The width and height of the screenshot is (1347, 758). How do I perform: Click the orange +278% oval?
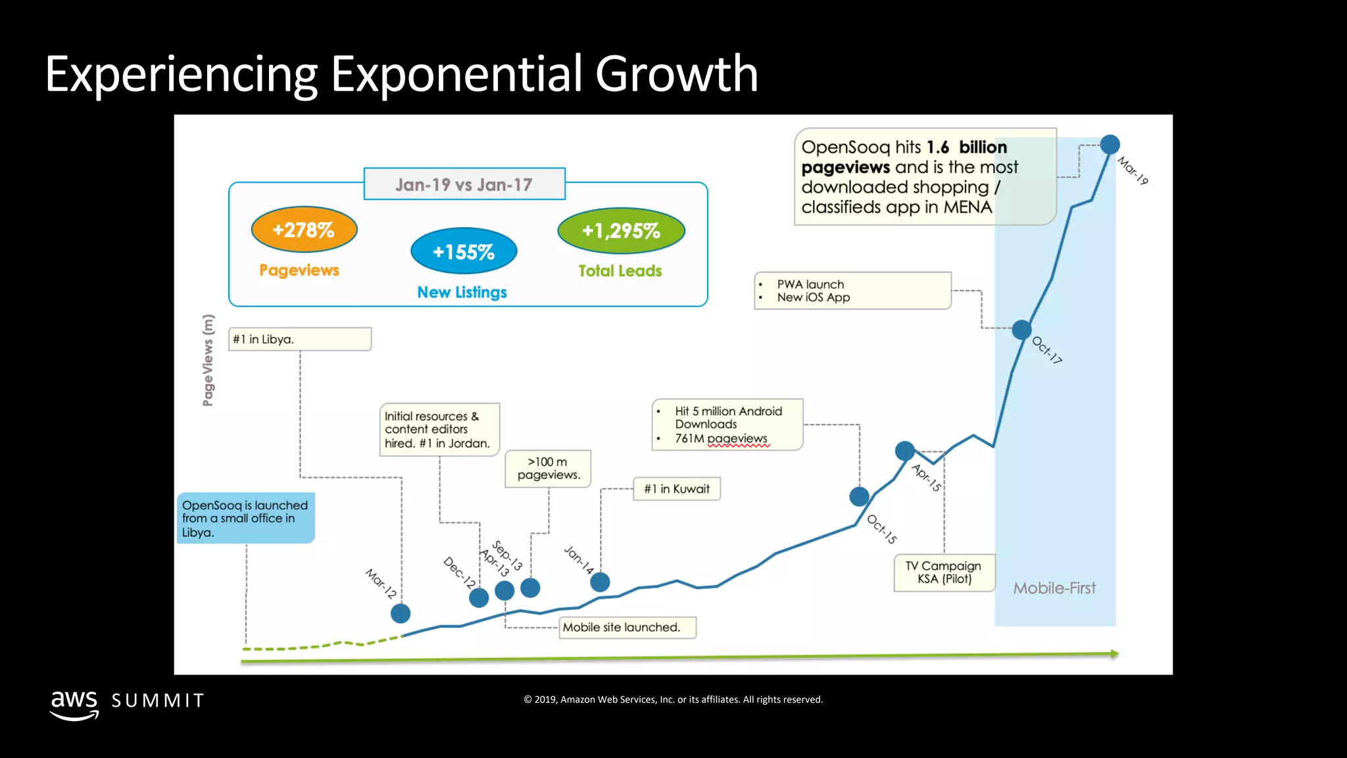pyautogui.click(x=304, y=230)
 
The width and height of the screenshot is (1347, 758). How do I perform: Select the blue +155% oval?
pyautogui.click(x=464, y=251)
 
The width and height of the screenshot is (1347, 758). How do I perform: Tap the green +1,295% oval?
pyautogui.click(x=621, y=230)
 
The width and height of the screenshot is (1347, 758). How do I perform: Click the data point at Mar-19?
pyautogui.click(x=1110, y=144)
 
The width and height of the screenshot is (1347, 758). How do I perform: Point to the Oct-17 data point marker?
pyautogui.click(x=1021, y=329)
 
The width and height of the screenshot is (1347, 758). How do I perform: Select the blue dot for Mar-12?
pyautogui.click(x=401, y=613)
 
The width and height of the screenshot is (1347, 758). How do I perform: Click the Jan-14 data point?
pyautogui.click(x=600, y=582)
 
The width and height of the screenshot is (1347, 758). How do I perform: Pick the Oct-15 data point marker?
pyautogui.click(x=859, y=496)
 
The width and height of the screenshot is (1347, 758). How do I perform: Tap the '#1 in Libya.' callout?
pyautogui.click(x=300, y=340)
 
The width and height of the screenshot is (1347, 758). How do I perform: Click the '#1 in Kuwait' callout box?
pyautogui.click(x=677, y=489)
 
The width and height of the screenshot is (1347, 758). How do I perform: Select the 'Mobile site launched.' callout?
pyautogui.click(x=627, y=627)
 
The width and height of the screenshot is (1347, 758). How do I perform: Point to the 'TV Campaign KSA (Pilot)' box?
pyautogui.click(x=944, y=572)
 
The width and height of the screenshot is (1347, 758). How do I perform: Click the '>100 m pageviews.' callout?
pyautogui.click(x=548, y=468)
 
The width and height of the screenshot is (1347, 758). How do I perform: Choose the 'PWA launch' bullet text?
pyautogui.click(x=810, y=284)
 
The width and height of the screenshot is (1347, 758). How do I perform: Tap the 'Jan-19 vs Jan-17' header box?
pyautogui.click(x=464, y=184)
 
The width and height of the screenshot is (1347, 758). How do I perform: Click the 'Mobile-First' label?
pyautogui.click(x=1054, y=588)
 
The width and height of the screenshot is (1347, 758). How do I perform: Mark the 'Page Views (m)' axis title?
pyautogui.click(x=208, y=360)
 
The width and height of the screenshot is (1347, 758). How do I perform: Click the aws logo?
pyautogui.click(x=74, y=704)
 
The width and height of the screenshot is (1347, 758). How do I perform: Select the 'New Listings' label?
pyautogui.click(x=462, y=292)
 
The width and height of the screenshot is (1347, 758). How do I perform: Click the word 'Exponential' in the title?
pyautogui.click(x=456, y=74)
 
